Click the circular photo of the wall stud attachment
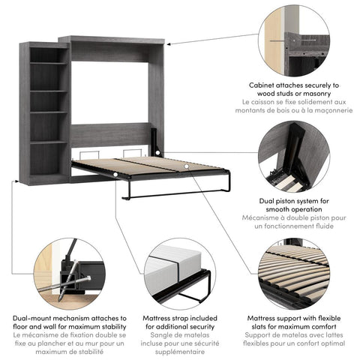coord(294,41)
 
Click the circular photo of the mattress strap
coord(180,274)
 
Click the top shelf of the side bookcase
coord(49,64)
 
